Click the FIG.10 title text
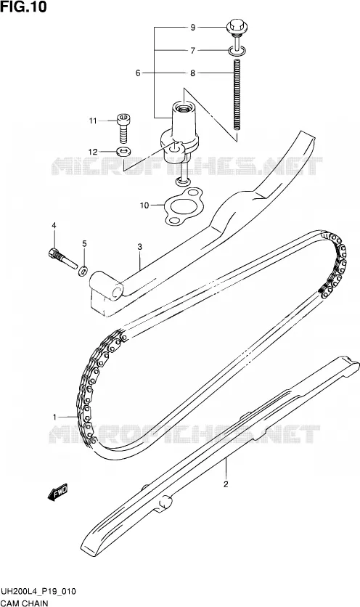pos(24,7)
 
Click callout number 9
pos(192,27)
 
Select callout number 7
pos(192,50)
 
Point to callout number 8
pos(192,73)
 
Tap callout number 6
pos(138,73)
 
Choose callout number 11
pos(92,121)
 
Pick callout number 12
pos(92,152)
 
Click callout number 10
pos(144,205)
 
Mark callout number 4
pos(54,225)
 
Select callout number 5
pos(84,243)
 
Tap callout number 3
pos(140,246)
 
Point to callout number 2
pos(226,484)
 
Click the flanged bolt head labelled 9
pos(237,25)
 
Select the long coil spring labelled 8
pos(237,94)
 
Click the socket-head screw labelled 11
pos(123,128)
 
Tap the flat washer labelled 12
pos(123,150)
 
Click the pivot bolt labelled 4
pos(62,258)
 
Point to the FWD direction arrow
pos(58,492)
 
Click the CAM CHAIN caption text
pos(25,603)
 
